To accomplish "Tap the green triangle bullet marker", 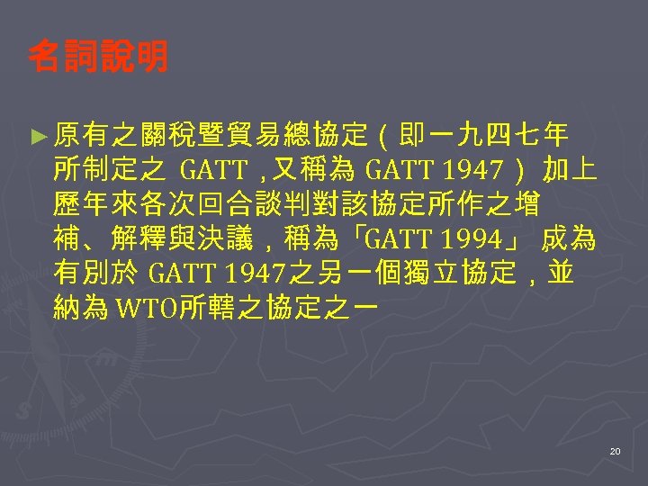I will (x=38, y=136).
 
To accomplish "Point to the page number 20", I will (x=615, y=450).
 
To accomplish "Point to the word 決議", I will (x=245, y=239).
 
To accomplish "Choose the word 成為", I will (x=571, y=239).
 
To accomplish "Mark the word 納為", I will (x=80, y=309).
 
